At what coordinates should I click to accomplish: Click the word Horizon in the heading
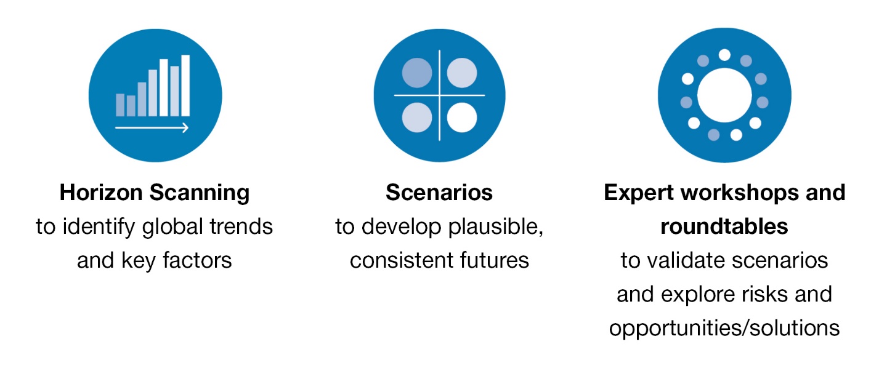[x=101, y=193]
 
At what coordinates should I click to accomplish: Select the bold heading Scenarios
[x=439, y=193]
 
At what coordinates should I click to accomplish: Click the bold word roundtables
[x=724, y=226]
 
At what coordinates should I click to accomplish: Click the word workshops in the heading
[x=739, y=193]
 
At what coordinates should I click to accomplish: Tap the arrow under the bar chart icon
[x=152, y=127]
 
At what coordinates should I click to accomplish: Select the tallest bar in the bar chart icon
[x=185, y=86]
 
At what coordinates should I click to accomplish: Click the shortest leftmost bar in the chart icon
[x=120, y=105]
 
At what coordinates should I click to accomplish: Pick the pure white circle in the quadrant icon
[x=462, y=117]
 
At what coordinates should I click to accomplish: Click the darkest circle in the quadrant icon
[x=417, y=73]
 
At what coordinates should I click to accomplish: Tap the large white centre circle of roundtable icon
[x=724, y=95]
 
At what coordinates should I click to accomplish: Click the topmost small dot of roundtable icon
[x=724, y=55]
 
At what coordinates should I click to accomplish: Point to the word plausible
[x=496, y=227]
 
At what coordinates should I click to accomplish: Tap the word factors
[x=197, y=260]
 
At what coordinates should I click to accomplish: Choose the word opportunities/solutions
[x=724, y=329]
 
